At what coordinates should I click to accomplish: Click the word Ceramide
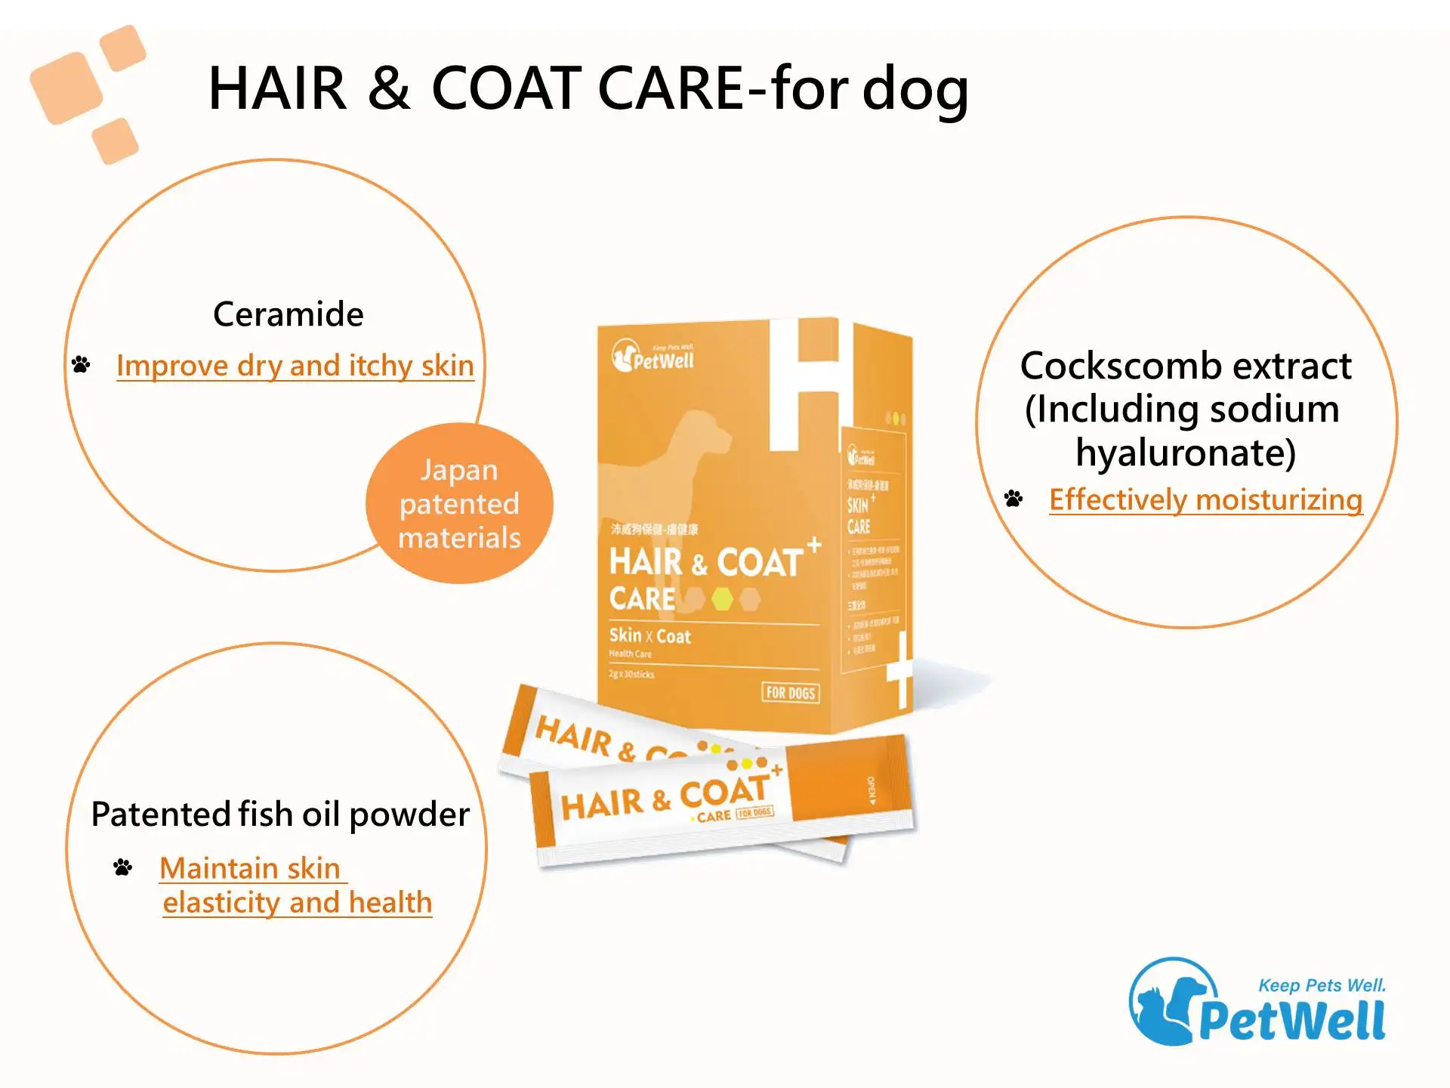coord(288,314)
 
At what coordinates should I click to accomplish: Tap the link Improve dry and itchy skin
coord(295,366)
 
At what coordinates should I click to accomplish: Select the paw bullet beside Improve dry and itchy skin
coord(81,365)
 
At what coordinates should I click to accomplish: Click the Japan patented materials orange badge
coord(459,503)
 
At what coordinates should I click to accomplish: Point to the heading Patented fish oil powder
coord(279,814)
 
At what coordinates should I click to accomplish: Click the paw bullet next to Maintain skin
coord(122,867)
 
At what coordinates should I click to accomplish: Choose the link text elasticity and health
coord(297,902)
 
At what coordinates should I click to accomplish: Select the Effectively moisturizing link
coord(1205,499)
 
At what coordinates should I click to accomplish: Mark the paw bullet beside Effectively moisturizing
coord(1013,499)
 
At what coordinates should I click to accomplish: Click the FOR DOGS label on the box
coord(790,693)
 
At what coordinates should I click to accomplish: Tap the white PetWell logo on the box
coord(652,357)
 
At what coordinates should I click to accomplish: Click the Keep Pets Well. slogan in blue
coord(1322,985)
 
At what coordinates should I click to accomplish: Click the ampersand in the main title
coord(389,88)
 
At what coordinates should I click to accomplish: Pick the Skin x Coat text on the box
coord(649,636)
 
